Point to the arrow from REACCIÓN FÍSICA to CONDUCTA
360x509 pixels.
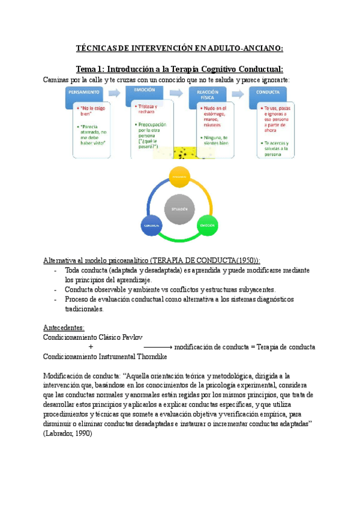pos(238,94)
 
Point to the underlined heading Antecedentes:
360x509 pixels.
pos(64,328)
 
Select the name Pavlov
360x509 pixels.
pos(131,337)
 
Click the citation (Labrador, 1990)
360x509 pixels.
pos(68,434)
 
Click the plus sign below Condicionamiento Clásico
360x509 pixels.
pos(91,348)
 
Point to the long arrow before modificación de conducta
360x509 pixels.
pos(158,348)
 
